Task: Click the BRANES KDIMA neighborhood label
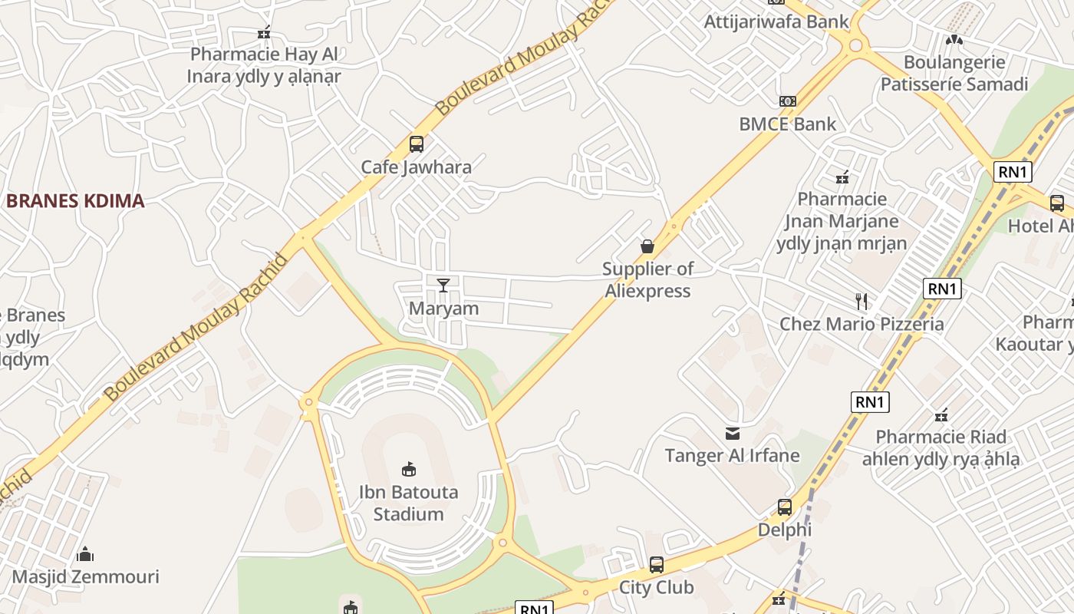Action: (x=75, y=201)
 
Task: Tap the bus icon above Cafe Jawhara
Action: (x=417, y=144)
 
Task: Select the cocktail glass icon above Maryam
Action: (x=443, y=286)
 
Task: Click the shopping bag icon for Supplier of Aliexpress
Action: (x=647, y=246)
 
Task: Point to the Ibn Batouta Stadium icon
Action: (x=408, y=469)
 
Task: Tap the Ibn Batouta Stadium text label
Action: (x=408, y=503)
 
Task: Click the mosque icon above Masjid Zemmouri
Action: (x=85, y=553)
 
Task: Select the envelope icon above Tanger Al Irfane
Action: (x=733, y=434)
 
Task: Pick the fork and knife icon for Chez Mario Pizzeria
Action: (x=862, y=301)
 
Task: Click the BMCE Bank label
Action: (x=788, y=124)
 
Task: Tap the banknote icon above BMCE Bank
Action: (x=788, y=101)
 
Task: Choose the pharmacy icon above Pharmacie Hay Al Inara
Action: (x=264, y=32)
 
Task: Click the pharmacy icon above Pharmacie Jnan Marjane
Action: (x=842, y=177)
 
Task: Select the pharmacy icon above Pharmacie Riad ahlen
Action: (x=942, y=415)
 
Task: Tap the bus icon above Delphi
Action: (x=785, y=507)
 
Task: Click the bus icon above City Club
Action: (x=657, y=565)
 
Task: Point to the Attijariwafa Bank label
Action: (x=776, y=21)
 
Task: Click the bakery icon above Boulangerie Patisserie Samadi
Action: (x=954, y=40)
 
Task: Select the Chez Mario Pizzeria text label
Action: (x=862, y=324)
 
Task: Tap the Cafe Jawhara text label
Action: (x=417, y=167)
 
